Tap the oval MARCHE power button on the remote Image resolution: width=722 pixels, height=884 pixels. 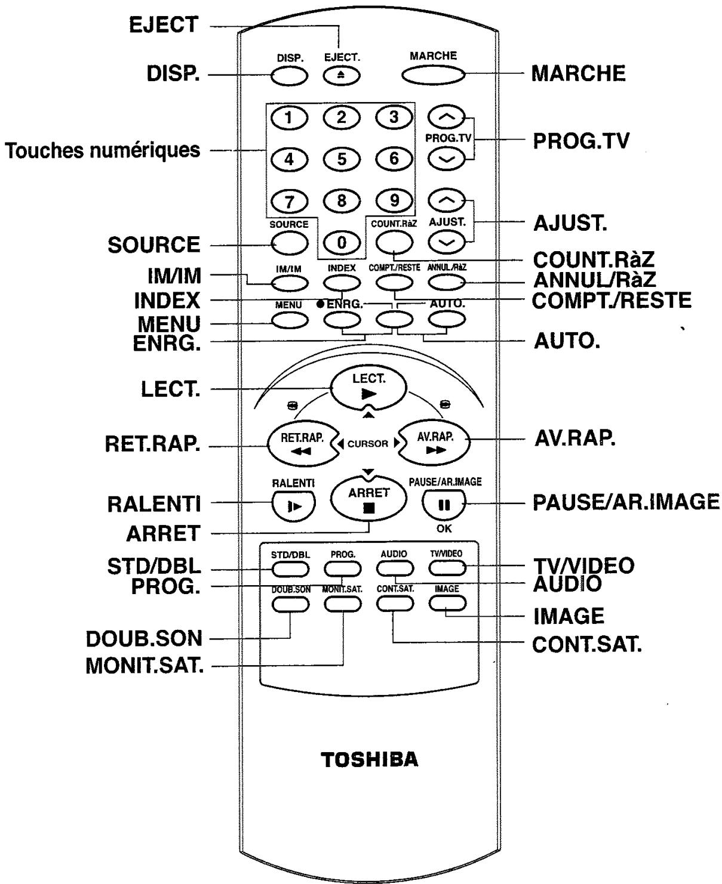point(433,75)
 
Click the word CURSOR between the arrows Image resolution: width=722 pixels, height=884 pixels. point(368,444)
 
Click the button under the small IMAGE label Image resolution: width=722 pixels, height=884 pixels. point(447,603)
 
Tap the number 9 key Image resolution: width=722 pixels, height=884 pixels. point(394,200)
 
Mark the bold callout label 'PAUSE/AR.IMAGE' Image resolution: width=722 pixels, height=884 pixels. point(626,503)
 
